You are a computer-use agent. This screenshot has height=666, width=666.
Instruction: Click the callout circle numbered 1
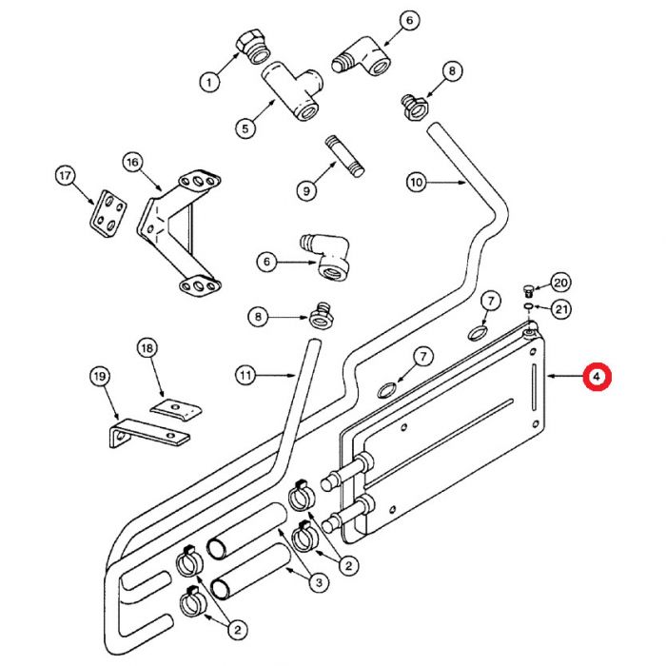208,82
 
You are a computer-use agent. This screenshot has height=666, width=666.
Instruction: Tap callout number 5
244,127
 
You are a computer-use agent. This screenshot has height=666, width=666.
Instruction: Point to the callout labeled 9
306,190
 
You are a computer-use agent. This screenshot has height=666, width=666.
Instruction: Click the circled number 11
246,376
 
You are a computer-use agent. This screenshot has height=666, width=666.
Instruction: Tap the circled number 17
66,176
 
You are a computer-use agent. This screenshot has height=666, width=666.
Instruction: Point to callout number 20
560,282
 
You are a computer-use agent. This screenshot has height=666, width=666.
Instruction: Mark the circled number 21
560,307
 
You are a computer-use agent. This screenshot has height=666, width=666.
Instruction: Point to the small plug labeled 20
529,289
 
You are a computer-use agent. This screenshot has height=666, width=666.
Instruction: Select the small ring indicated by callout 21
527,307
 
